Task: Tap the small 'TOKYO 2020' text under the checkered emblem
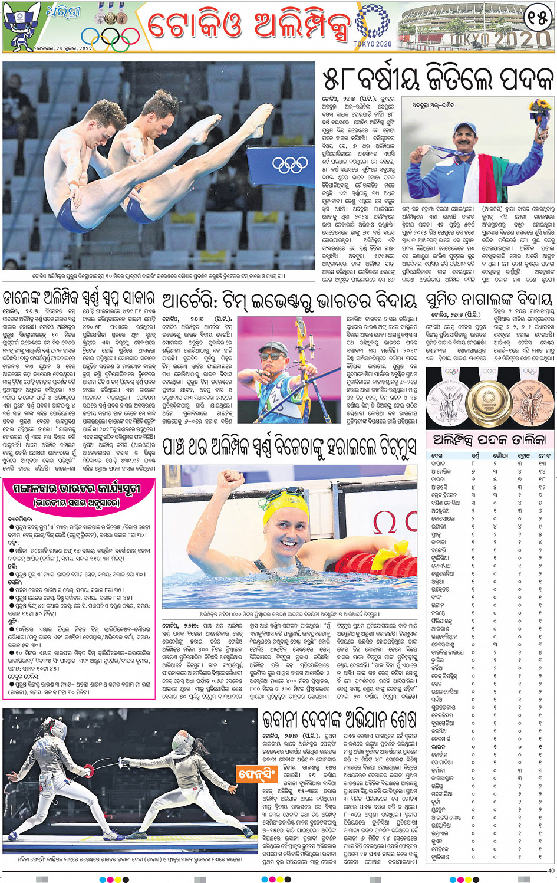click(x=373, y=44)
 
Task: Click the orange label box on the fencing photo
click(x=256, y=773)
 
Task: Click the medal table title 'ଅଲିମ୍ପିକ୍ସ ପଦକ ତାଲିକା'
click(x=490, y=439)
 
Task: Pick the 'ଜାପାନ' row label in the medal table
click(x=439, y=464)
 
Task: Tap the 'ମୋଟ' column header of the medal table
click(x=544, y=455)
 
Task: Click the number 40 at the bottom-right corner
click(x=551, y=871)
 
